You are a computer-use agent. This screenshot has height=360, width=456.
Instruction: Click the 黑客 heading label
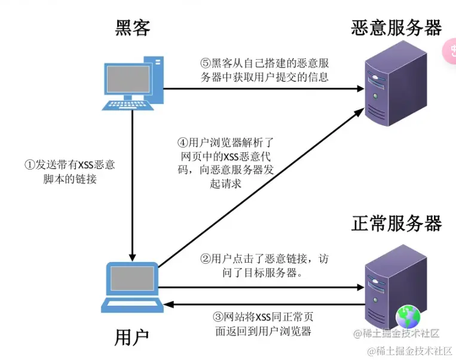coord(132,27)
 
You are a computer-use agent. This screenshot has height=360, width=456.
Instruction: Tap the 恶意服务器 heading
coord(397,27)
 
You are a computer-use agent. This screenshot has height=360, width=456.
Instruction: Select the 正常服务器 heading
coord(397,223)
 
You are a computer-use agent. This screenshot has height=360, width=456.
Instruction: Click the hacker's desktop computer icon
coord(132,82)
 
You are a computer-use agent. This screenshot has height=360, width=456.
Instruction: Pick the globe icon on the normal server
coord(409,316)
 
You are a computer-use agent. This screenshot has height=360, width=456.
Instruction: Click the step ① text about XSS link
coord(69,171)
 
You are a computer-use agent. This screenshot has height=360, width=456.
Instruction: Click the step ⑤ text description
coord(264,70)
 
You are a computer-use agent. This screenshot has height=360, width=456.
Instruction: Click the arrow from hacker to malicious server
coord(263,89)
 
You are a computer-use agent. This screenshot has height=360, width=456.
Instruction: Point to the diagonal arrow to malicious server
coord(263,186)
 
